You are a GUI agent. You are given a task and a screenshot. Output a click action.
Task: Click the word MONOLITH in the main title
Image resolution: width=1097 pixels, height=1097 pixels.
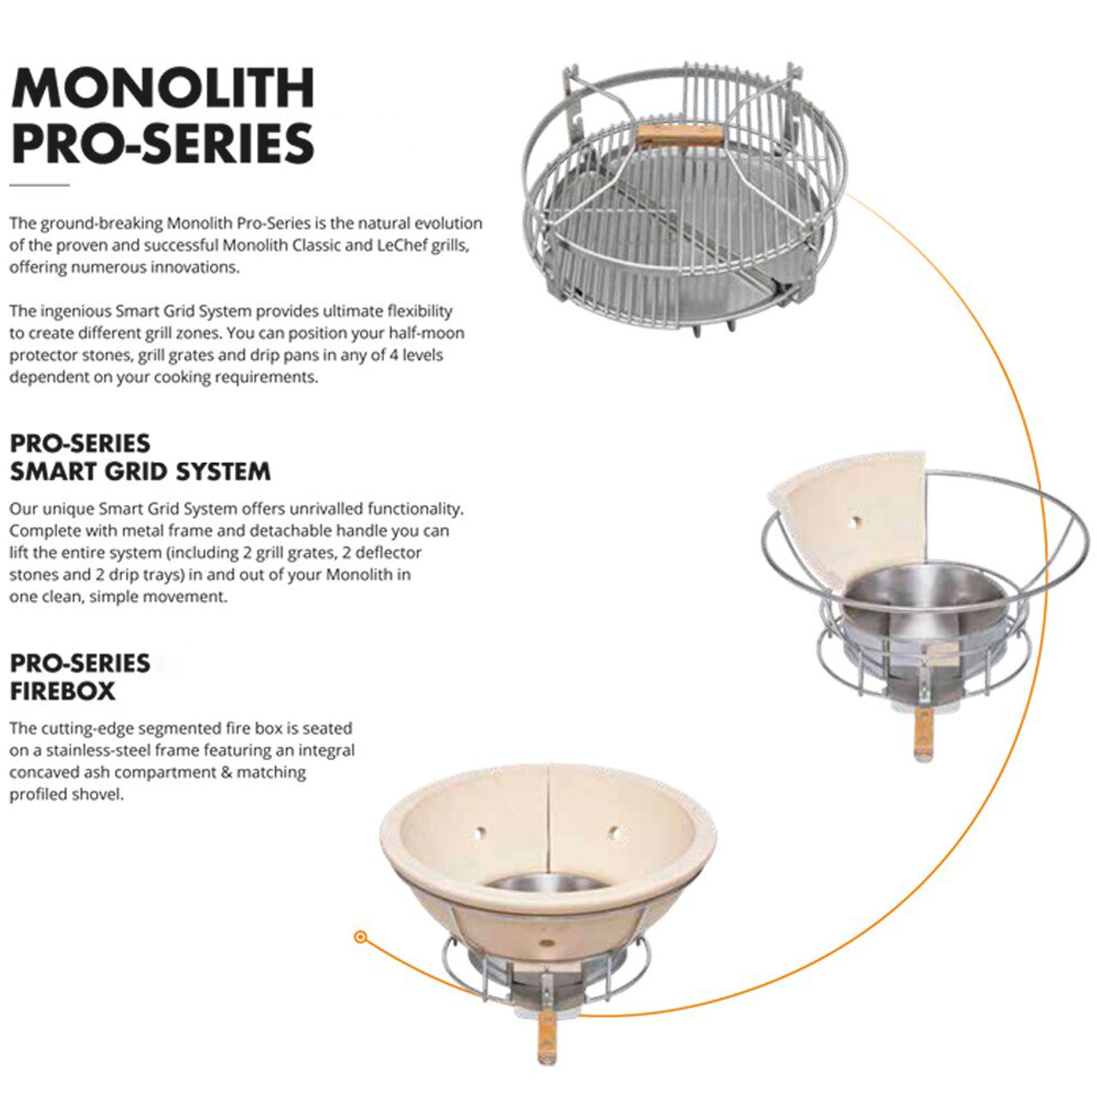tap(163, 87)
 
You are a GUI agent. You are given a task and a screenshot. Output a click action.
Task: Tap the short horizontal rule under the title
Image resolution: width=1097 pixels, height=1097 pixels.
tap(39, 184)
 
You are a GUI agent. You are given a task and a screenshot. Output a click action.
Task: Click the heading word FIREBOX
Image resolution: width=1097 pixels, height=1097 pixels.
tap(63, 691)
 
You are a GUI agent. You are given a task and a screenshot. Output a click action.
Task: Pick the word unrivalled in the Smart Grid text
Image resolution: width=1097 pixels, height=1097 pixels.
tap(284, 508)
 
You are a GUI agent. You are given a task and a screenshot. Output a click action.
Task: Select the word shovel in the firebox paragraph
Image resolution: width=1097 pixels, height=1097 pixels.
tap(100, 794)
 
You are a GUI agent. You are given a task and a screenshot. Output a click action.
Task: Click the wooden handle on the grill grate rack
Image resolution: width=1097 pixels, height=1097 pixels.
tap(679, 136)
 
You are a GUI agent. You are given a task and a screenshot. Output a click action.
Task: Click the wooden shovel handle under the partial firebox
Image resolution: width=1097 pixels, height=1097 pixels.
tap(922, 736)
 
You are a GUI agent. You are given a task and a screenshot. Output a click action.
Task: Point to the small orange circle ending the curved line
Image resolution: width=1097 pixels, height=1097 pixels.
tap(361, 938)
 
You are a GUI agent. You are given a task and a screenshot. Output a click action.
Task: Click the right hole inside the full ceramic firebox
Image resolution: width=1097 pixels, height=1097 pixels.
tap(614, 831)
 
